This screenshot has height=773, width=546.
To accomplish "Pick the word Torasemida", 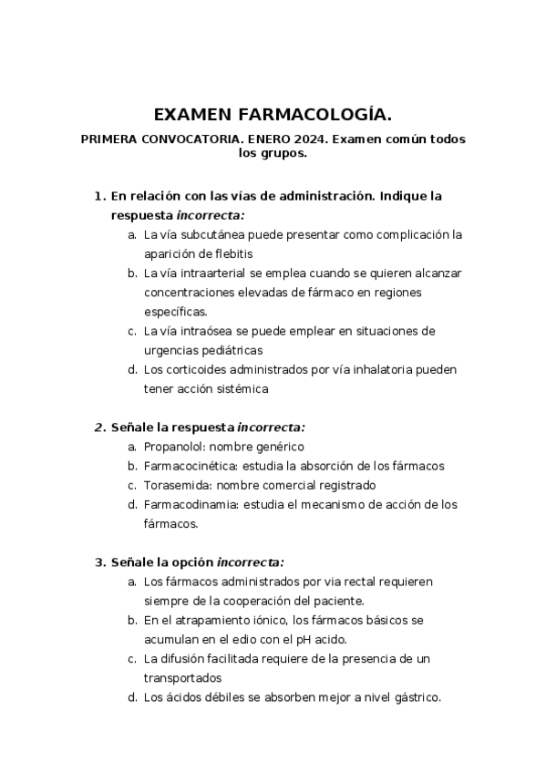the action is point(176,485).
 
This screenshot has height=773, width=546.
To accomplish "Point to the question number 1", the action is point(99,196).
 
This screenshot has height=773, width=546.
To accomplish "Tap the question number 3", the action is point(99,562).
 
